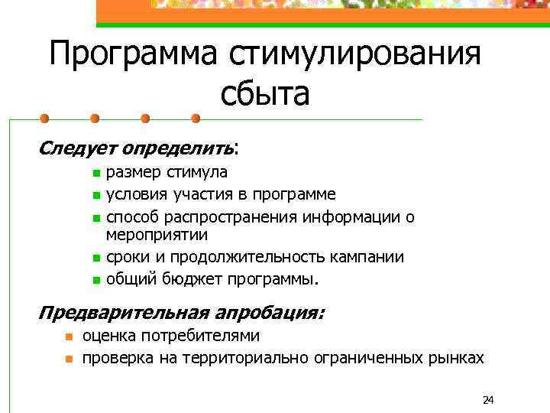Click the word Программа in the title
click(x=133, y=56)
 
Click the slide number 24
click(x=489, y=399)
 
